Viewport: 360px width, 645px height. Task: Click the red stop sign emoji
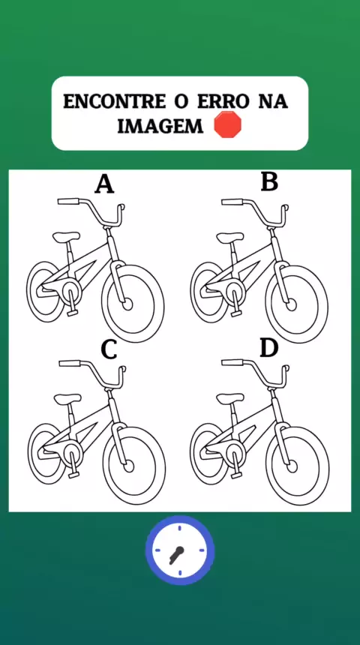[227, 124]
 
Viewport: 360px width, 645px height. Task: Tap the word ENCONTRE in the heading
[115, 101]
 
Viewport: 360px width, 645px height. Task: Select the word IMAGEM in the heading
[160, 126]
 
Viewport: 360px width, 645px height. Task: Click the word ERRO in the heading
[223, 101]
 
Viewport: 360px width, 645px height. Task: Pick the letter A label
[104, 184]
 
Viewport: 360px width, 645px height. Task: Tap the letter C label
[109, 349]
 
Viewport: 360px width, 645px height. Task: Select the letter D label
[269, 349]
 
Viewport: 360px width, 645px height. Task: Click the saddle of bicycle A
[66, 236]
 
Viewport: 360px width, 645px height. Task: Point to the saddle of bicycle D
[230, 398]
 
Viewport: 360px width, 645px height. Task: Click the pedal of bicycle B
[236, 313]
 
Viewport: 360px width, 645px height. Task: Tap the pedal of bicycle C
[73, 474]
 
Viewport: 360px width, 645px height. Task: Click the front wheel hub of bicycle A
[127, 304]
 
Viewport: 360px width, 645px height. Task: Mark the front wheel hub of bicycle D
[292, 466]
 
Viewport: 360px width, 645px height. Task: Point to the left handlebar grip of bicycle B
[232, 202]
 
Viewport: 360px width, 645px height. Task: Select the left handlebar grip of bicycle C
[70, 363]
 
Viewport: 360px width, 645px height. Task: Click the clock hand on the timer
[177, 554]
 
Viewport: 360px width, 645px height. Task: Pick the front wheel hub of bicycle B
[291, 304]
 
